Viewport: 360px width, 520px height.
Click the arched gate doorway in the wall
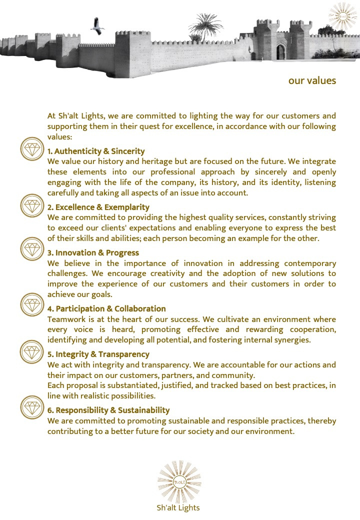pyautogui.click(x=281, y=51)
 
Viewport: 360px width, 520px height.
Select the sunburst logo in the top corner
pyautogui.click(x=342, y=15)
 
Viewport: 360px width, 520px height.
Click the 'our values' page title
pyautogui.click(x=312, y=80)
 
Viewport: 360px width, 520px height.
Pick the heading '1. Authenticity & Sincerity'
pyautogui.click(x=96, y=151)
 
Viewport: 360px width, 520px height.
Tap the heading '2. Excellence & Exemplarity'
pyautogui.click(x=98, y=207)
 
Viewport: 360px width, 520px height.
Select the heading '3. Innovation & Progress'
pyautogui.click(x=93, y=253)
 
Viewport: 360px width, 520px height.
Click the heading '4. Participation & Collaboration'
pyautogui.click(x=106, y=308)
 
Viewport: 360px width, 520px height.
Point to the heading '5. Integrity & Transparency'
pyautogui.click(x=98, y=354)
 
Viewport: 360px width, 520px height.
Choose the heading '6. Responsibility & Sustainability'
pyautogui.click(x=108, y=410)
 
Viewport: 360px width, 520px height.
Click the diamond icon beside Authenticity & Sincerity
pyautogui.click(x=32, y=148)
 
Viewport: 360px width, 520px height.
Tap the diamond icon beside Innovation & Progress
pyautogui.click(x=32, y=249)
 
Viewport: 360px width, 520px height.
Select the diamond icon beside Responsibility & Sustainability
pyautogui.click(x=32, y=407)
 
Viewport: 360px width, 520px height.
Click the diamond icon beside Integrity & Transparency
pyautogui.click(x=32, y=351)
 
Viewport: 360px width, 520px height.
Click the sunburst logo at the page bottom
pyautogui.click(x=179, y=482)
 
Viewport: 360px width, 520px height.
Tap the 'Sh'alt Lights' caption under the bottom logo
pyautogui.click(x=178, y=508)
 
